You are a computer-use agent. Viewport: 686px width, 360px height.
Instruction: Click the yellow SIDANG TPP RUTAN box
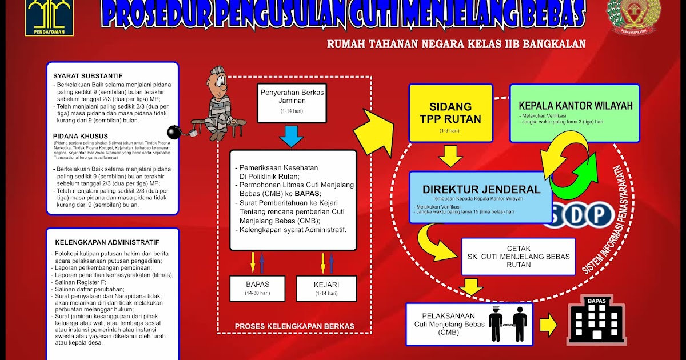coord(450,113)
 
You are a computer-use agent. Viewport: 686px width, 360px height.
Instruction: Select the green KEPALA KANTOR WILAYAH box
coord(575,113)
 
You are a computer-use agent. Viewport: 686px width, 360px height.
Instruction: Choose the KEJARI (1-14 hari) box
coord(326,288)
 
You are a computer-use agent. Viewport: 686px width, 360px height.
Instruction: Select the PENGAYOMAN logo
coord(41,17)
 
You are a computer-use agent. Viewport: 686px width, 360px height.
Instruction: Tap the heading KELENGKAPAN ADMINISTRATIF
coord(107,242)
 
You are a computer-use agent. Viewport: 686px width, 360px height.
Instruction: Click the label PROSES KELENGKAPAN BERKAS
coord(294,326)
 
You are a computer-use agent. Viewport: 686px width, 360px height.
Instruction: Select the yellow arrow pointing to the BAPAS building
coord(549,325)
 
